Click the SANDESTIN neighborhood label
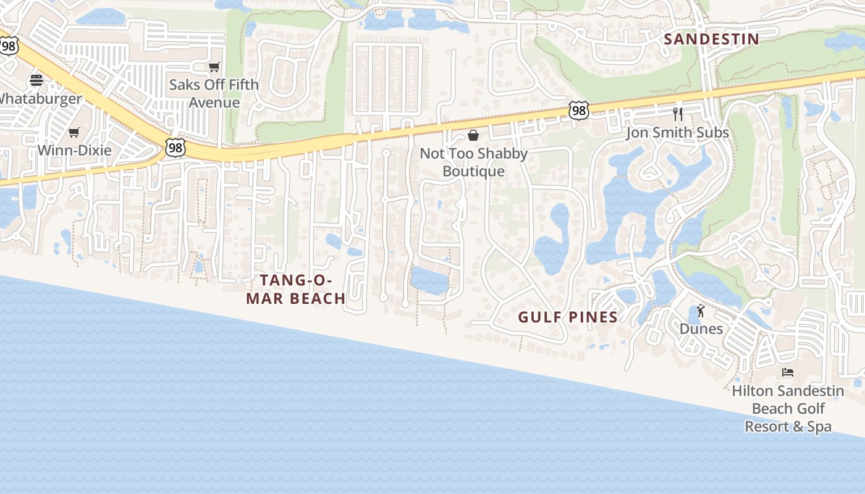pos(711,39)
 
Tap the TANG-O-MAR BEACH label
pos(296,289)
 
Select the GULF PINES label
pos(567,317)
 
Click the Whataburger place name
pos(40,98)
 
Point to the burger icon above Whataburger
pos(36,80)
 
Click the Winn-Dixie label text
pos(74,150)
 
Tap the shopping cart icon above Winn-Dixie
pos(74,132)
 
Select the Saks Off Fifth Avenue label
pos(214,93)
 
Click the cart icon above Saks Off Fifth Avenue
pos(214,67)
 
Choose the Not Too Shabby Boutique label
pos(474,162)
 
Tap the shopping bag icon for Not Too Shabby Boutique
pos(473,135)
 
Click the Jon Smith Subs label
pos(677,133)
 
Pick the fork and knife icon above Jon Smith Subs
pos(678,114)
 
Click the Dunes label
pos(701,329)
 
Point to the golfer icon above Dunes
pos(701,311)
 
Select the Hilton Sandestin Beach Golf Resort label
pos(788,408)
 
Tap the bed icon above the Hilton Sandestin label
pos(788,372)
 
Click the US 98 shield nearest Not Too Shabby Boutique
pos(579,111)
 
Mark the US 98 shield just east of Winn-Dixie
pos(175,147)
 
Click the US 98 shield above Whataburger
pos(9,45)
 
